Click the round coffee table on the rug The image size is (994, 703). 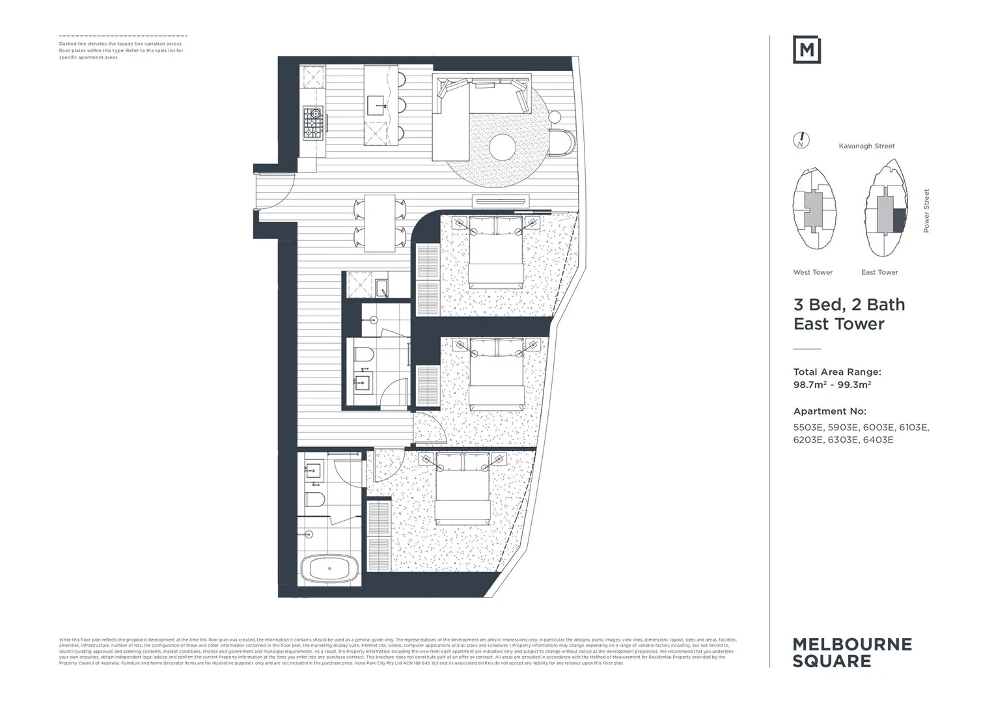(x=506, y=146)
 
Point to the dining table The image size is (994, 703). (x=380, y=223)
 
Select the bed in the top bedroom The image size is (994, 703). (x=496, y=253)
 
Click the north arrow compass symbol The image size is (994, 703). (x=801, y=140)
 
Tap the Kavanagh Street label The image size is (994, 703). (x=866, y=146)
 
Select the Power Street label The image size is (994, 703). (x=926, y=211)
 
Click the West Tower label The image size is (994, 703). (x=812, y=272)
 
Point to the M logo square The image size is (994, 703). (x=807, y=50)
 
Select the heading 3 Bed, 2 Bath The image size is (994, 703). (x=849, y=305)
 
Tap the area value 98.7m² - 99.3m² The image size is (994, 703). (x=832, y=384)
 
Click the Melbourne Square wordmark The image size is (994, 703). (x=852, y=653)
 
